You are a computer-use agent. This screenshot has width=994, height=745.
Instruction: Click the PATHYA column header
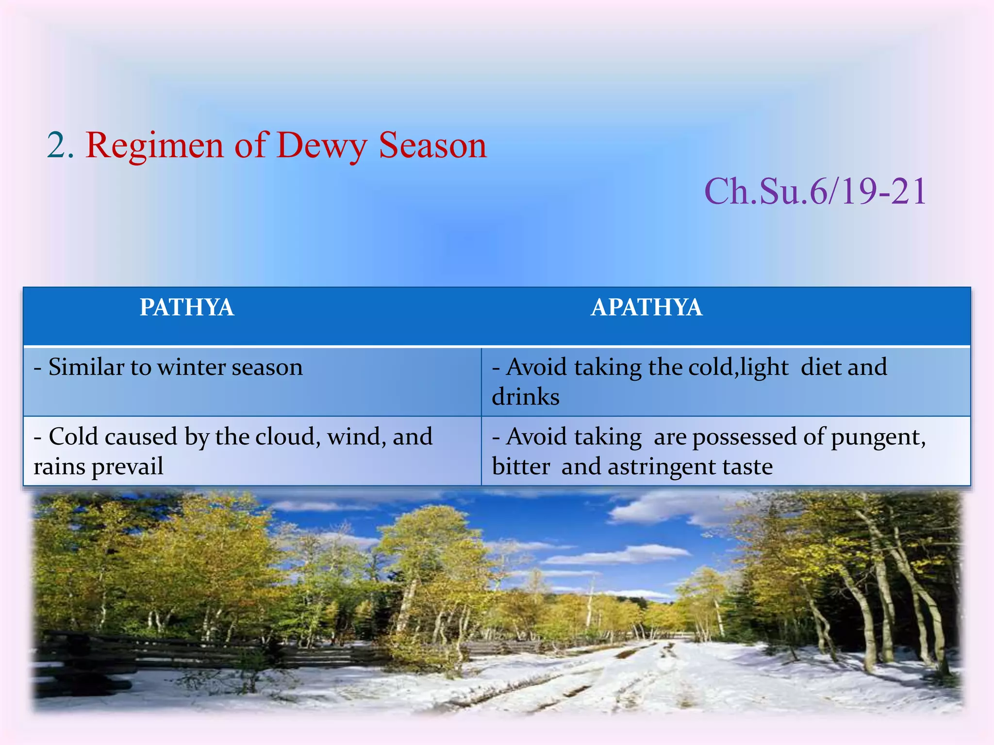(187, 308)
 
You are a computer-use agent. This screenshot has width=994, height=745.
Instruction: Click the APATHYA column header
(646, 308)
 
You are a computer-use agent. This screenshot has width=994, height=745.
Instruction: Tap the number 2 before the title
(57, 146)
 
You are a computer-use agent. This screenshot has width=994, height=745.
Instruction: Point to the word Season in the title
(432, 146)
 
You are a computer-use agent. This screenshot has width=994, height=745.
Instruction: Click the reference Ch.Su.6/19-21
(815, 192)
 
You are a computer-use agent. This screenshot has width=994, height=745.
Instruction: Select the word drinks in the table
(526, 397)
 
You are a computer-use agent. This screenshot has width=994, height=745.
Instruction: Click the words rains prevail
(99, 467)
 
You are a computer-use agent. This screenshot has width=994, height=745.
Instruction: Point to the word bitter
(521, 467)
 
